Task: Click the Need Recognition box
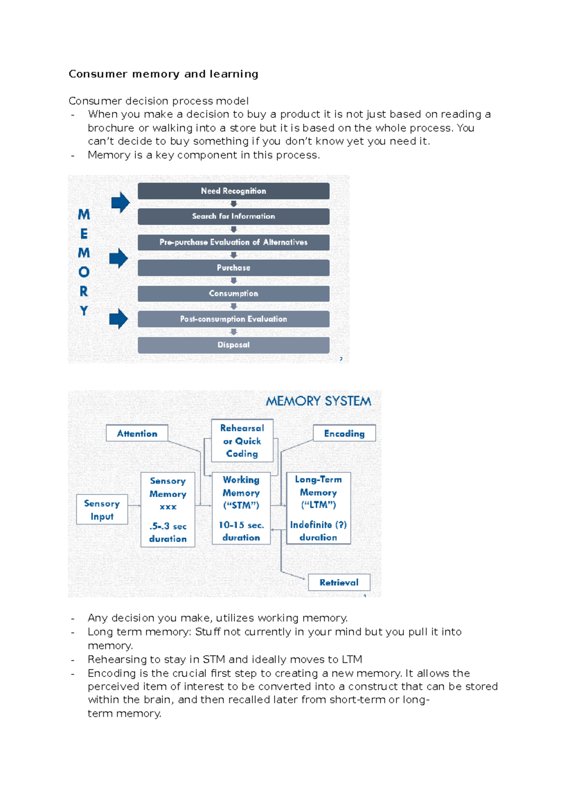pos(234,191)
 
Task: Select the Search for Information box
pos(234,216)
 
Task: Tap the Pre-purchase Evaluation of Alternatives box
pos(234,242)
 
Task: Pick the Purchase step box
pos(234,268)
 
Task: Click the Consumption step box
pos(234,293)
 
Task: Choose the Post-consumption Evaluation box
pos(234,319)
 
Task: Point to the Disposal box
pos(234,345)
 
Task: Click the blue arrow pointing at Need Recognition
pos(120,202)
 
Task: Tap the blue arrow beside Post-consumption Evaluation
pos(118,319)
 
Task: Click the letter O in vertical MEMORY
pos(84,272)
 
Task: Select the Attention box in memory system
pos(137,434)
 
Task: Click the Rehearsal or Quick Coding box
pos(242,441)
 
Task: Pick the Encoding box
pos(344,434)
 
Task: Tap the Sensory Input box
pos(102,510)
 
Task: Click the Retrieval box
pos(339,582)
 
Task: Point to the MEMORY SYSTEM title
pos(318,401)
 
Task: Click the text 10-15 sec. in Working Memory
pos(241,525)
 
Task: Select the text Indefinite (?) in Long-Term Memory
pos(318,525)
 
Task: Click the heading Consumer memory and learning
pos(163,74)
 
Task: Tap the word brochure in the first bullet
pos(111,128)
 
